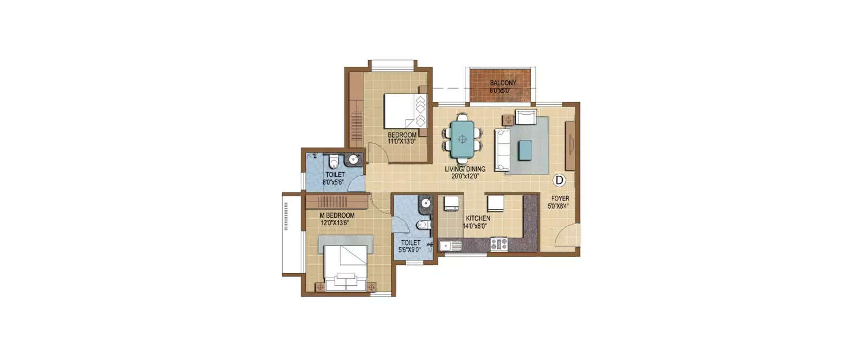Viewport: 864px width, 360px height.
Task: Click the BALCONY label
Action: (503, 83)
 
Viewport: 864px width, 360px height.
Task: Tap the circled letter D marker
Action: (558, 180)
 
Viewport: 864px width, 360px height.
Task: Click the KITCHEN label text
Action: (478, 219)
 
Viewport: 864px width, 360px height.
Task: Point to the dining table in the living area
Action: (462, 139)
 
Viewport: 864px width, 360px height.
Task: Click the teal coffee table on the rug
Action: (525, 150)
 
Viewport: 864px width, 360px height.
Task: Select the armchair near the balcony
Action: (525, 118)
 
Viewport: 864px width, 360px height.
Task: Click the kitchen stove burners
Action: (498, 244)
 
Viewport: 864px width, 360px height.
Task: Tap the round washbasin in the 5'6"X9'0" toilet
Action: (426, 203)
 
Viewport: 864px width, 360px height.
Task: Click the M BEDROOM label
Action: (337, 215)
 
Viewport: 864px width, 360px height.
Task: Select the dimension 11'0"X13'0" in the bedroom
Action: (402, 141)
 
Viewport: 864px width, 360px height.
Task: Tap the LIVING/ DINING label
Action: (465, 169)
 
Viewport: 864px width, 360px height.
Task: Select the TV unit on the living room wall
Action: (570, 145)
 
